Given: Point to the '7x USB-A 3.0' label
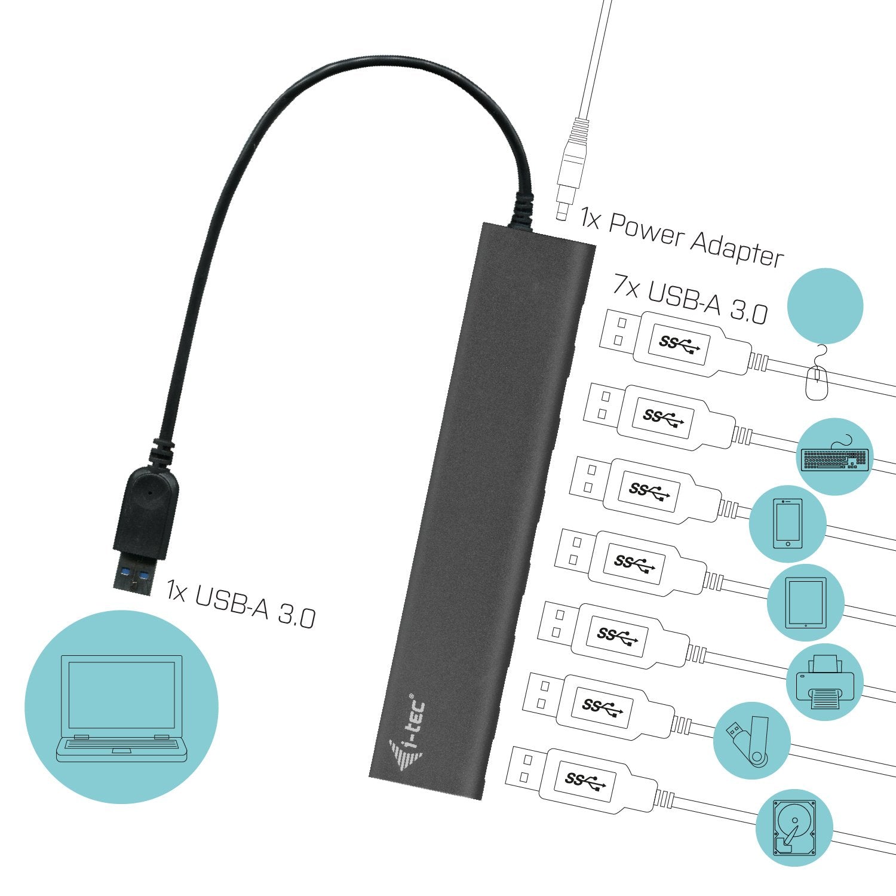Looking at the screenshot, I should tap(690, 299).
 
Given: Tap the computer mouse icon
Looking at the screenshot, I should tap(817, 380).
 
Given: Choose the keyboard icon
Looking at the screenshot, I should tap(835, 458).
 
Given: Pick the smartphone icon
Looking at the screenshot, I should tap(787, 524).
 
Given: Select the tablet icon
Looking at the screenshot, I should tap(806, 602).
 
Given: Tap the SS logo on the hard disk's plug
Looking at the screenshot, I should tap(585, 780).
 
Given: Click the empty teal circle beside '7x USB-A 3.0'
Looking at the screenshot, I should tap(825, 305).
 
